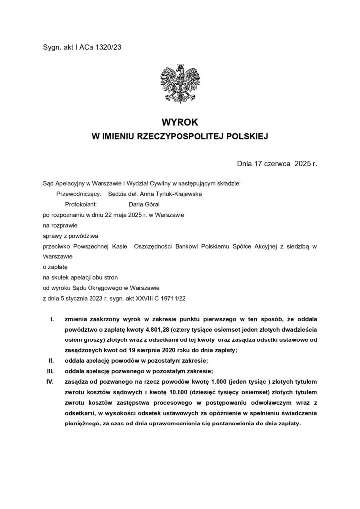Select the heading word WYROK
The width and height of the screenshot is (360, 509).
coord(180,121)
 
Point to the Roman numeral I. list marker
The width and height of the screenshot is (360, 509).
coord(52,319)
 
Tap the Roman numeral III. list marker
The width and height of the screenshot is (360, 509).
coord(50,371)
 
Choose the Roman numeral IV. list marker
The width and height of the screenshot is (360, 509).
coord(50,381)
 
